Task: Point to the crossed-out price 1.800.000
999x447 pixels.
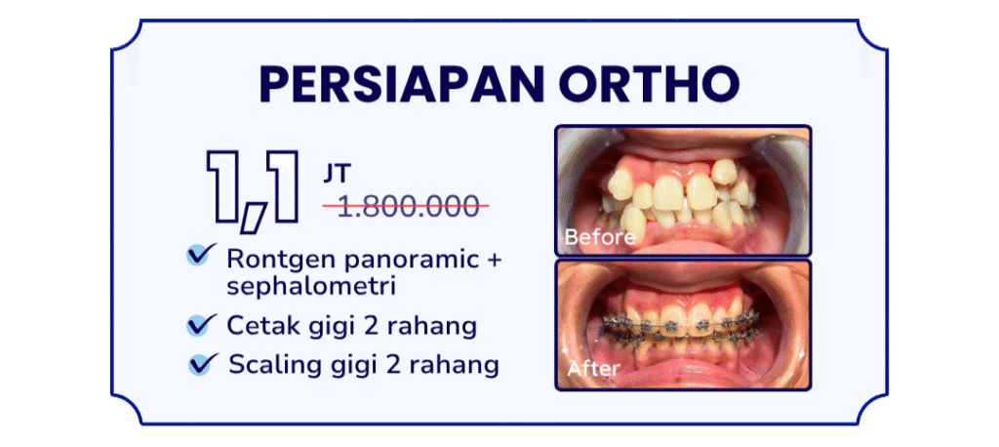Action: pos(405,206)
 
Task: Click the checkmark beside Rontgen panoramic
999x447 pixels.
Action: pos(201,255)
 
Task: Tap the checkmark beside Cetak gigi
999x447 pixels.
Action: pos(201,323)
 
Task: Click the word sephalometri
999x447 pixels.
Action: pos(296,287)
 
